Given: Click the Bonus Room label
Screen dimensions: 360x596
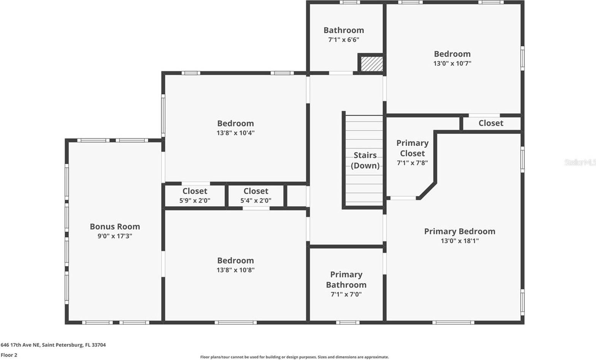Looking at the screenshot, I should (x=115, y=227).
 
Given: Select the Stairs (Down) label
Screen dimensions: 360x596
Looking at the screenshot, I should (x=365, y=160).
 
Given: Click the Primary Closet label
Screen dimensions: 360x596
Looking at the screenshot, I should (x=412, y=148).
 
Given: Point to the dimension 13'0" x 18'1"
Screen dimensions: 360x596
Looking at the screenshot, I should (x=460, y=241).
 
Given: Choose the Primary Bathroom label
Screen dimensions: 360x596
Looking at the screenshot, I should (x=346, y=279).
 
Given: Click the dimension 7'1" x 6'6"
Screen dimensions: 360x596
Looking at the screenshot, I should (x=344, y=40).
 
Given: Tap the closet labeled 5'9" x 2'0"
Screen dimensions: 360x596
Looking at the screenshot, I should (x=195, y=196).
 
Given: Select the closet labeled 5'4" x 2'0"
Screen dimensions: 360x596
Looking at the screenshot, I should (x=256, y=196).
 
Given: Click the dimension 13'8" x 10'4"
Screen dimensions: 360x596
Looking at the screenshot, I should (x=235, y=133).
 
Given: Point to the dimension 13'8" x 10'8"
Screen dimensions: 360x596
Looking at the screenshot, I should (x=235, y=270).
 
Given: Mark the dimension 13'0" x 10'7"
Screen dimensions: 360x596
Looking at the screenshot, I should (x=452, y=63).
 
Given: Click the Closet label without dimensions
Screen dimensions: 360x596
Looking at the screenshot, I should (x=491, y=123).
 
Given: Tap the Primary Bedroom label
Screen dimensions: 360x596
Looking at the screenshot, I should (x=460, y=231).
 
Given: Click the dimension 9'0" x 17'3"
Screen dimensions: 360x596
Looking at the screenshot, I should (x=115, y=236).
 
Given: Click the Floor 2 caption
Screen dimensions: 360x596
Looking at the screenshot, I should (x=9, y=355).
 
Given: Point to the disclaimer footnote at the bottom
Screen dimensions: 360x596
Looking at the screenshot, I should (x=295, y=357).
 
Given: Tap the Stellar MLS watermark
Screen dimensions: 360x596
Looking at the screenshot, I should (x=580, y=162).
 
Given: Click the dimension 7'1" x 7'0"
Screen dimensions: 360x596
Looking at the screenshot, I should (x=346, y=294).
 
